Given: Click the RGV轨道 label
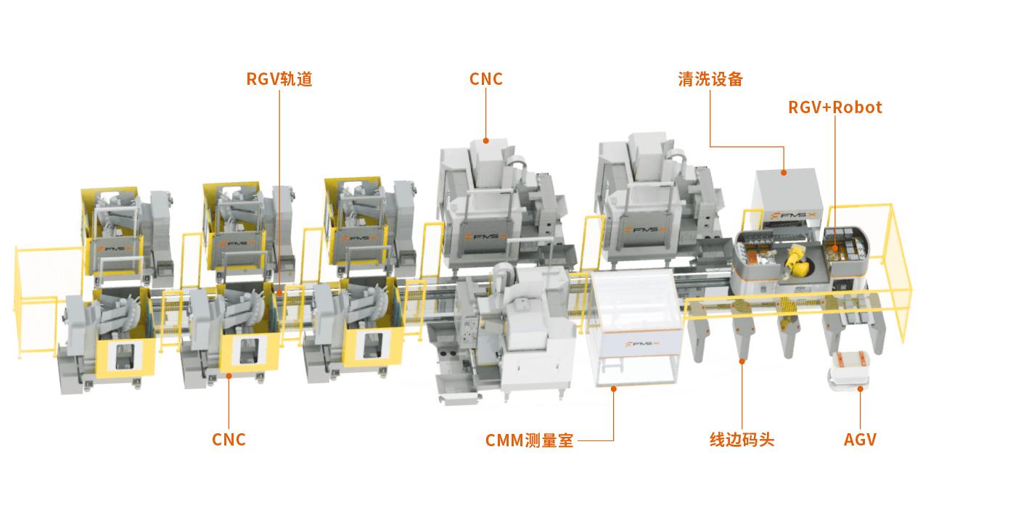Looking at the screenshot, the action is (x=279, y=79).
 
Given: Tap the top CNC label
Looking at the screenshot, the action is (x=485, y=79).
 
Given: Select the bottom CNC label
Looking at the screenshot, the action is (x=229, y=440).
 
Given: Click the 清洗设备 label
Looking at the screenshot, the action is (x=710, y=79).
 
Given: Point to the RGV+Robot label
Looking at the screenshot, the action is (x=834, y=107).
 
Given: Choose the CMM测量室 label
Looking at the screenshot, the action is (x=529, y=440).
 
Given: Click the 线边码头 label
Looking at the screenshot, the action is (x=742, y=440).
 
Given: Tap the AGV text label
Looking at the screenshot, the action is (x=860, y=440).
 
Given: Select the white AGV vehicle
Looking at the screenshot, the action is (x=849, y=370).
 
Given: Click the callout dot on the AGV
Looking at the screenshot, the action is (x=860, y=388).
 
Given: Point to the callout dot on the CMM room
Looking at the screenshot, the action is (x=614, y=388).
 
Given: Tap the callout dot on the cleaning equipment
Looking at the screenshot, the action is (x=784, y=172).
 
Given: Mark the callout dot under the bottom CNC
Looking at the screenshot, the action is (x=229, y=376).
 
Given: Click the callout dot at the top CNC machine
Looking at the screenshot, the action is (x=485, y=141).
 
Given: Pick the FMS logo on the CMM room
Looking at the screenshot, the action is (x=642, y=344).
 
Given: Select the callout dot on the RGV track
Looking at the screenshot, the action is (x=279, y=293).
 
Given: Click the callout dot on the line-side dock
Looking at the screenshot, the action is (x=742, y=361).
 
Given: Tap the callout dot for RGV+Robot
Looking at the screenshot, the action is (x=834, y=248).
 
